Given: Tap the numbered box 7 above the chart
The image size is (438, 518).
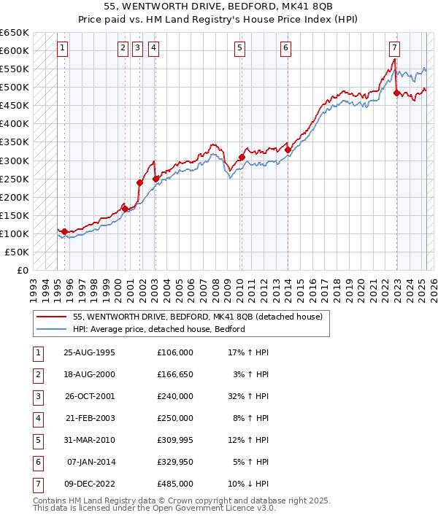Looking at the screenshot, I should pos(394,48).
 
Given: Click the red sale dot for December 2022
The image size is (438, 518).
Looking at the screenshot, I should pos(396,93).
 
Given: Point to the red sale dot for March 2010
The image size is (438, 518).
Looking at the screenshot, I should pos(242,157).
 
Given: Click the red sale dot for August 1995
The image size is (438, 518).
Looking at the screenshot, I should pos(65,231).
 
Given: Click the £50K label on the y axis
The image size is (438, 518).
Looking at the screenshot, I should pos(18,252).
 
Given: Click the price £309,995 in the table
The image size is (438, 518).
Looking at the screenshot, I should pos(174,441).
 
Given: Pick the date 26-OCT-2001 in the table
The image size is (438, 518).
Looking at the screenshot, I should pos(90,397).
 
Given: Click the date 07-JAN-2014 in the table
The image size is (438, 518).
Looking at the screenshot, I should pos(90,462).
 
